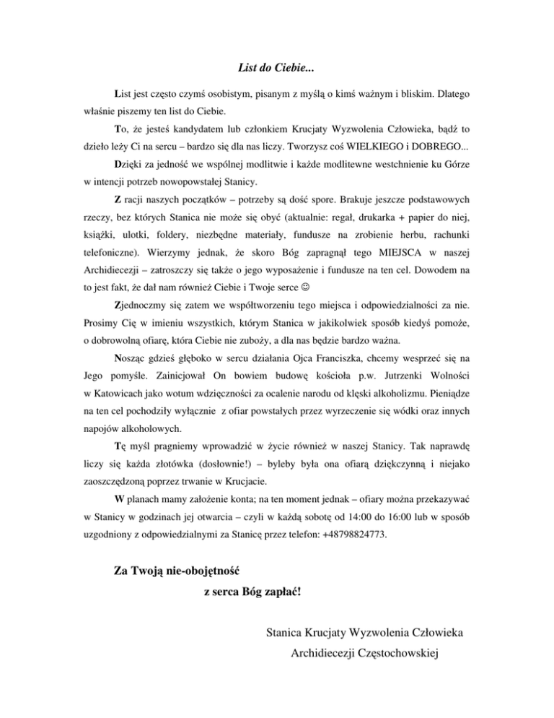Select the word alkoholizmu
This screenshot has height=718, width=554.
click(x=403, y=394)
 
